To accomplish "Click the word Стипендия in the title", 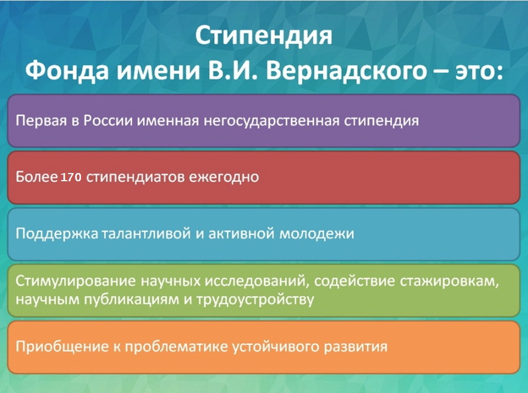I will click(x=263, y=37).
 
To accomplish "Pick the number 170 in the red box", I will click(x=70, y=177).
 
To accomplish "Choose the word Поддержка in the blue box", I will click(x=56, y=233).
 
